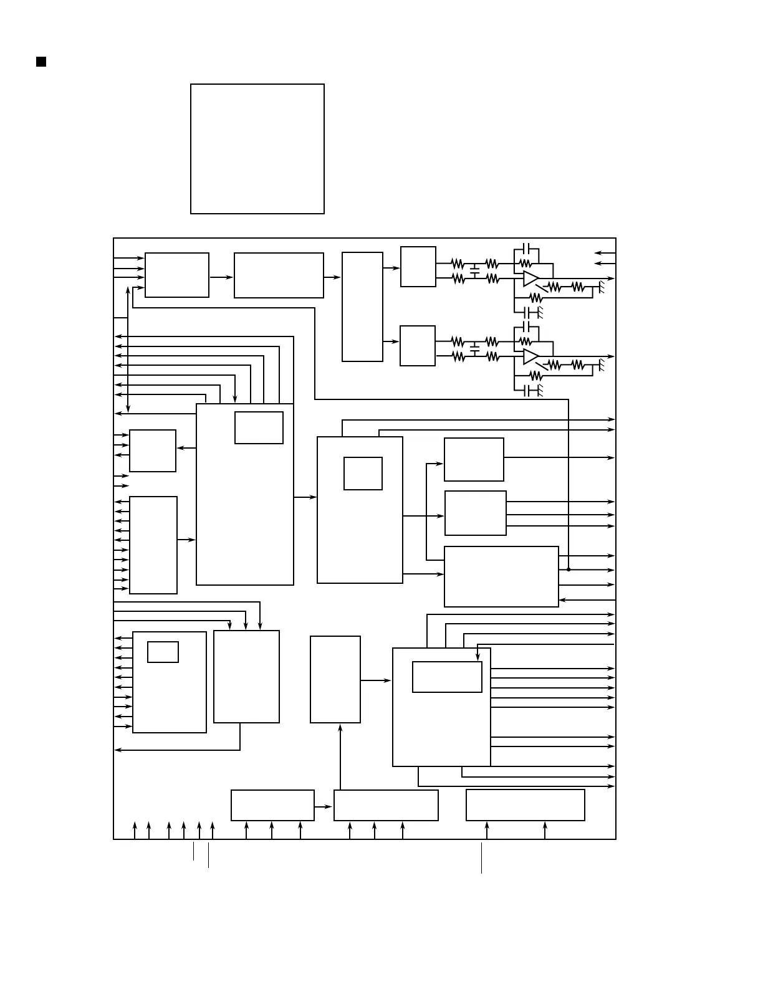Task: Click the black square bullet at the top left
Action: (x=41, y=61)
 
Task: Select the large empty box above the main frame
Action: (x=257, y=149)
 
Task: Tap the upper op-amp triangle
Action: (x=530, y=279)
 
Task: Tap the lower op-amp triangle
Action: (x=530, y=356)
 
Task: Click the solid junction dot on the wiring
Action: (x=569, y=570)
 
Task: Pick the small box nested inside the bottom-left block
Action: (x=163, y=652)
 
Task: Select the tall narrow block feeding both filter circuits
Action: (x=362, y=307)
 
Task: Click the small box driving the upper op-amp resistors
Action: (x=418, y=267)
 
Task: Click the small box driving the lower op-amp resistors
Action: (x=417, y=345)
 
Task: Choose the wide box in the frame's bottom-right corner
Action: (x=525, y=805)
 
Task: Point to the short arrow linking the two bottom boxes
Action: (x=324, y=806)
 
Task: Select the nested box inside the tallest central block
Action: (x=259, y=427)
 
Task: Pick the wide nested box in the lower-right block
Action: (x=447, y=677)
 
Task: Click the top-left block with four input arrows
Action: (x=177, y=275)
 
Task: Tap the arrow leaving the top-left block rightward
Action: (x=221, y=277)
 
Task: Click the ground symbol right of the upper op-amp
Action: (x=601, y=287)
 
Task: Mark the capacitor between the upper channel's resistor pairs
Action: (x=475, y=272)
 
